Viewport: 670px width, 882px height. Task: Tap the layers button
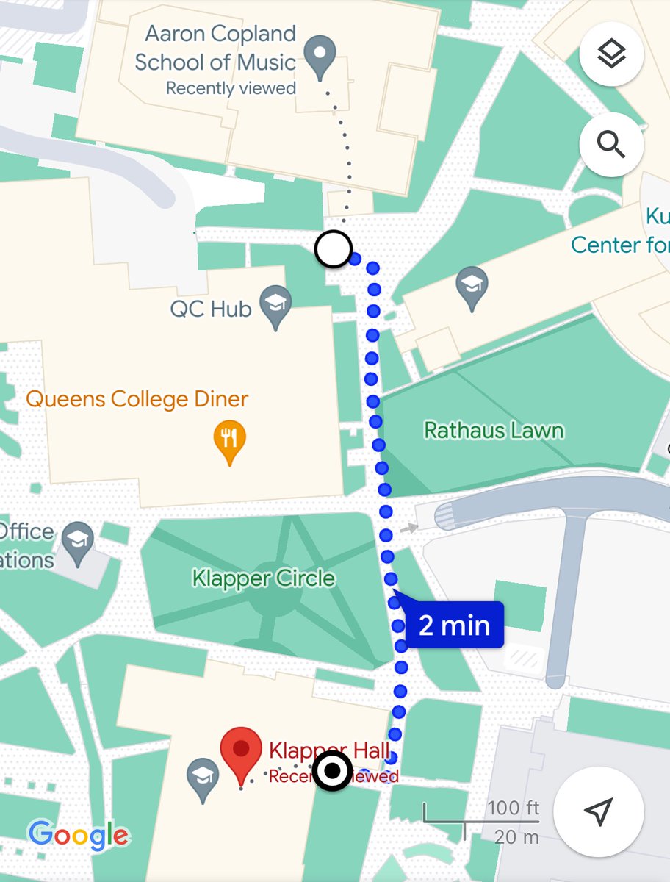tap(611, 54)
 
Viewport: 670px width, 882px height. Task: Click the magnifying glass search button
tap(611, 146)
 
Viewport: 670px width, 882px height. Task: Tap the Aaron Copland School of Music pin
tap(320, 57)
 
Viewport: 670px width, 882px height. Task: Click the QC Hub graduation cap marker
tap(277, 306)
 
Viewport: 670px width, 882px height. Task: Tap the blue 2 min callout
tap(455, 625)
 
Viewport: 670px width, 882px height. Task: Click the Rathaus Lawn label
tap(494, 430)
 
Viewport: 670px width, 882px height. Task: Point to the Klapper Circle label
tap(264, 578)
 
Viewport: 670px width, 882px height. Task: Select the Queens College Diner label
tap(137, 400)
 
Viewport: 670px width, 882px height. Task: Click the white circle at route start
tap(334, 249)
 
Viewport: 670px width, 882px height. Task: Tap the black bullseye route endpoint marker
tap(333, 772)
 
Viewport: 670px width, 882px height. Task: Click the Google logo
tap(78, 835)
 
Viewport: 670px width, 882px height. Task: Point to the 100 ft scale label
tap(514, 808)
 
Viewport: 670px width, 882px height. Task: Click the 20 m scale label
tap(516, 836)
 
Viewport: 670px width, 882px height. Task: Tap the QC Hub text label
tap(211, 309)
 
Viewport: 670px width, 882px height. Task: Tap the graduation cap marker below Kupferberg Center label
tap(472, 287)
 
